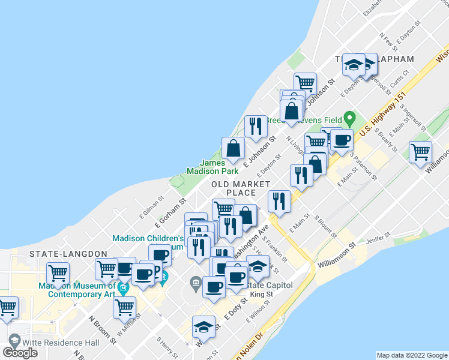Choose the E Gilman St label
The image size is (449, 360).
[152, 206]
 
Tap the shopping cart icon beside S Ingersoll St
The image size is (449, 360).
[420, 151]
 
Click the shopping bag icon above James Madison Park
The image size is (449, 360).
[233, 148]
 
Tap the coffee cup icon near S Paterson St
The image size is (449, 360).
[342, 140]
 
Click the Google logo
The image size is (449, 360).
[20, 352]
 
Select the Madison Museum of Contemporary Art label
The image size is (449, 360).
[77, 290]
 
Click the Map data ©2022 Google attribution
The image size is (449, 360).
[411, 355]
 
